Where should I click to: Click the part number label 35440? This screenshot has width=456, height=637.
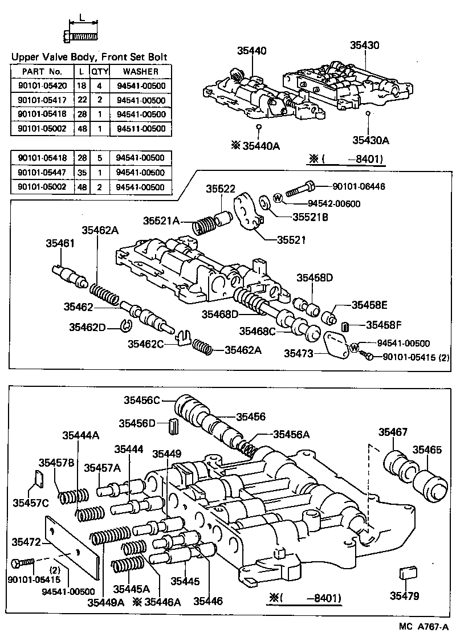pyautogui.click(x=251, y=51)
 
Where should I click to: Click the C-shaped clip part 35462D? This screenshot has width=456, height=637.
pyautogui.click(x=127, y=326)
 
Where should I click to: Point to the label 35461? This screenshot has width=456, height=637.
pyautogui.click(x=60, y=243)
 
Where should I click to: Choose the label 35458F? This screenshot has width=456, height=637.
pyautogui.click(x=384, y=325)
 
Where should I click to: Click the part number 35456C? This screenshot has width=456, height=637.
pyautogui.click(x=143, y=401)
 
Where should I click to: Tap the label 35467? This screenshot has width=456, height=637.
pyautogui.click(x=393, y=432)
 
